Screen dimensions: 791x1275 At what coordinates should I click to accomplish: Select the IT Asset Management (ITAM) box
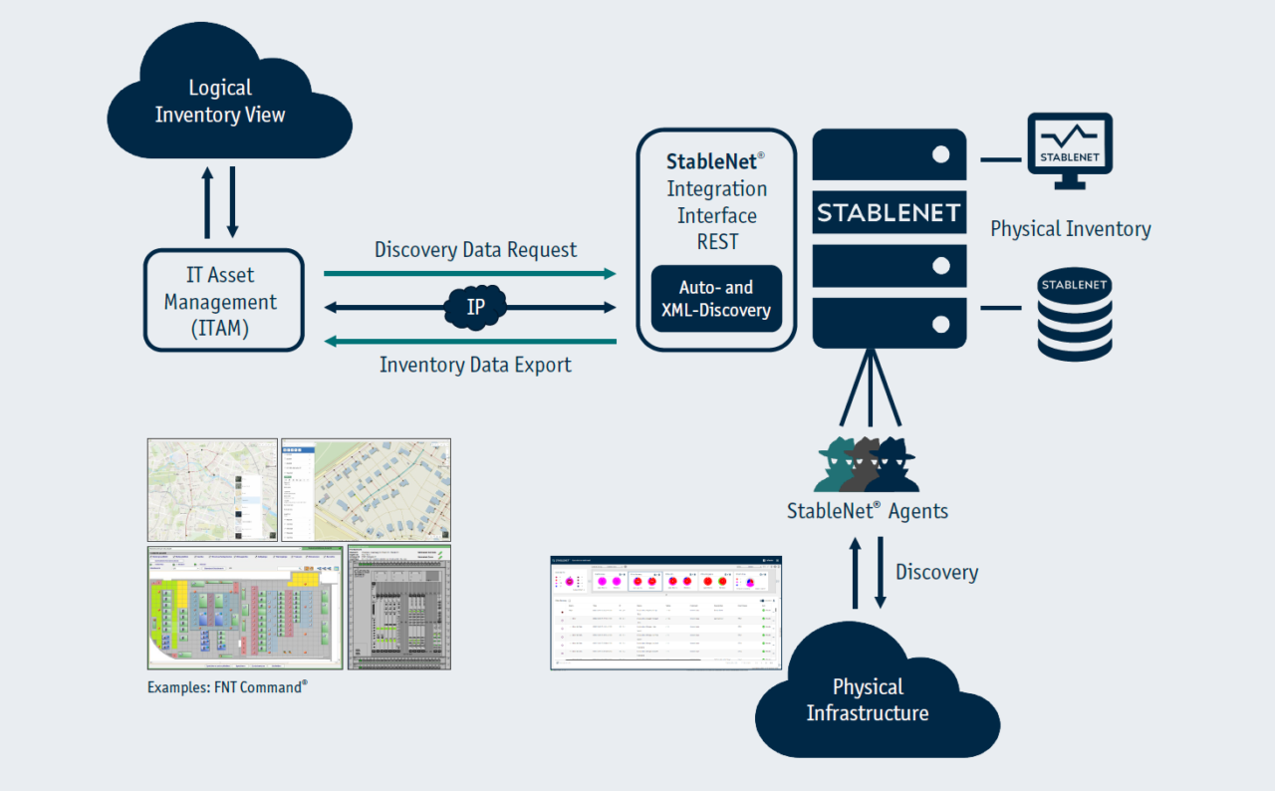point(223,300)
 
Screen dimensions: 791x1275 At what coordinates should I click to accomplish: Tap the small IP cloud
point(476,306)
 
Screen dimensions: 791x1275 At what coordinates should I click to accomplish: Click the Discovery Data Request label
point(475,249)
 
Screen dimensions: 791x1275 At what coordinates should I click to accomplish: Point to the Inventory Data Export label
point(475,365)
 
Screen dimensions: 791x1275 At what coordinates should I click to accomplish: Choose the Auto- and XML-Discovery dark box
point(716,299)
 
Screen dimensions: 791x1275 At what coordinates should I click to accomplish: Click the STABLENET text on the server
point(889,212)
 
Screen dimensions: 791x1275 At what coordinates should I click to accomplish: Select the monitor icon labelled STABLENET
point(1069,149)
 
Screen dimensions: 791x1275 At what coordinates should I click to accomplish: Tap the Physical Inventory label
point(1070,229)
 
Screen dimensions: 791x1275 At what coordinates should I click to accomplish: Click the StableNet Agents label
point(867,512)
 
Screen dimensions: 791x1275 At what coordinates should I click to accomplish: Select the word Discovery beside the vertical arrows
point(936,572)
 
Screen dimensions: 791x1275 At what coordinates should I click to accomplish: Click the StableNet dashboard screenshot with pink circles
point(665,613)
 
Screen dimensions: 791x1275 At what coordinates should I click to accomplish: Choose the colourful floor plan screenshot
point(245,608)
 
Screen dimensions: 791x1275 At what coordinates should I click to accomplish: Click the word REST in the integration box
point(716,241)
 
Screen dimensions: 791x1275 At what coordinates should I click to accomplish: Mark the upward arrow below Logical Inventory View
point(208,203)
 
